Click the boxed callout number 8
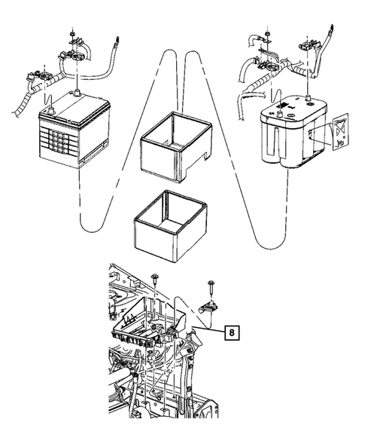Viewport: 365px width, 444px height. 232,332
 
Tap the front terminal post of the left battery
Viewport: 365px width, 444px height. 51,110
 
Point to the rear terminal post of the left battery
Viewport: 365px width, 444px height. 77,93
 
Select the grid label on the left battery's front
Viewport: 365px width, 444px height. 59,139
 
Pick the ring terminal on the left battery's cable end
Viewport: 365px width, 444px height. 116,41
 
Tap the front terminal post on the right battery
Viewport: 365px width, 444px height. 279,114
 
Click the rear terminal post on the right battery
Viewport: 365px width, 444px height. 308,99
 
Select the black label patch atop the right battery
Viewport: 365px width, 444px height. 284,106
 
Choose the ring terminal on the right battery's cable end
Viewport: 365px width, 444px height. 331,30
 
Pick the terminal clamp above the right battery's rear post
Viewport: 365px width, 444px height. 308,45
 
